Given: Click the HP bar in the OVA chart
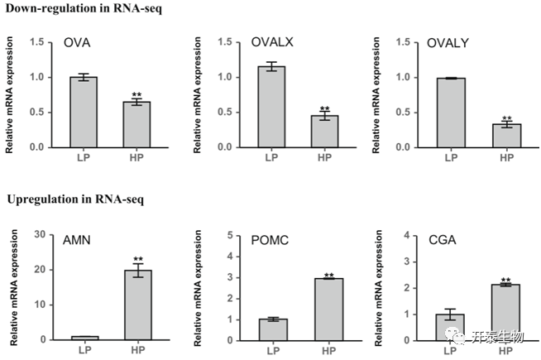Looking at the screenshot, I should click(x=137, y=124).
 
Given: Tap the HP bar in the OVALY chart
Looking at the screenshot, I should click(x=507, y=135).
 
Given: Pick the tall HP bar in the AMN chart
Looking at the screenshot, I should click(x=137, y=304).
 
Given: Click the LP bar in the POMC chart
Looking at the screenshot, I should click(x=272, y=329).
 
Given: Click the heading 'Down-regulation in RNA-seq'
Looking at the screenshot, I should click(x=74, y=8).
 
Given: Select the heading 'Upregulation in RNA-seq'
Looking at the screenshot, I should click(x=67, y=199).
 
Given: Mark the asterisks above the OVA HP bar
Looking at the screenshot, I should click(x=137, y=95).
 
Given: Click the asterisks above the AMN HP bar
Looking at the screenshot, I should click(x=137, y=259).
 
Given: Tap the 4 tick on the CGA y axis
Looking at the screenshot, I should click(x=407, y=235).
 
